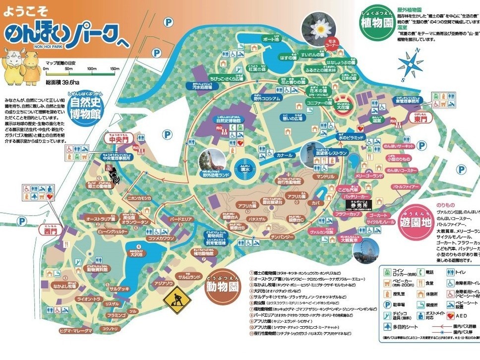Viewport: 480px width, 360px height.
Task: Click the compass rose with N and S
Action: click(x=410, y=63)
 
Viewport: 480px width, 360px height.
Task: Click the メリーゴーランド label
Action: click(x=369, y=176)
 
